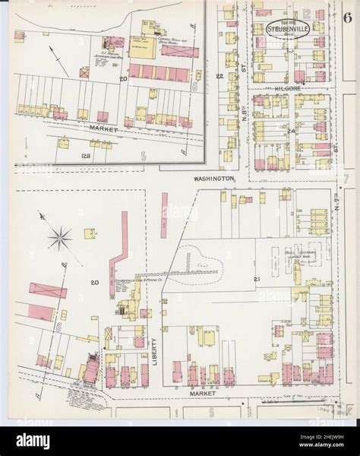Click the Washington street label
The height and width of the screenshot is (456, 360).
click(213, 178)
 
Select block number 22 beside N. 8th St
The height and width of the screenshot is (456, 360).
click(220, 77)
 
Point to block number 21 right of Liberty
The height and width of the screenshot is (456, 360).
click(257, 280)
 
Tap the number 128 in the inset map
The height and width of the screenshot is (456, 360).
click(65, 156)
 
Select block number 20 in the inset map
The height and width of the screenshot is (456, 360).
click(122, 78)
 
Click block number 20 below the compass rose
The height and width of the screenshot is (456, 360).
click(95, 283)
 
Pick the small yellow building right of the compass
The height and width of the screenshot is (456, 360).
click(86, 230)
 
